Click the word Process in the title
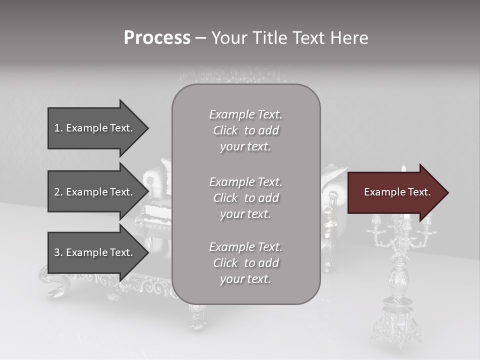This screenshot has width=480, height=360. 157,38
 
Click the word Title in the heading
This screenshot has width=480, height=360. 268,38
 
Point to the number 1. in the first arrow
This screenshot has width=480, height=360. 58,128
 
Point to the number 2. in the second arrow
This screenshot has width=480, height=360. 58,192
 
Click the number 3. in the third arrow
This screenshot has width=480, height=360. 58,252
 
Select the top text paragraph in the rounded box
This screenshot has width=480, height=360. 246,130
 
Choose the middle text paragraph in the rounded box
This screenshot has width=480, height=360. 246,198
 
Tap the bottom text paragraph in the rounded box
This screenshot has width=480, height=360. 246,263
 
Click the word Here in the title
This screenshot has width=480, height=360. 349,38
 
